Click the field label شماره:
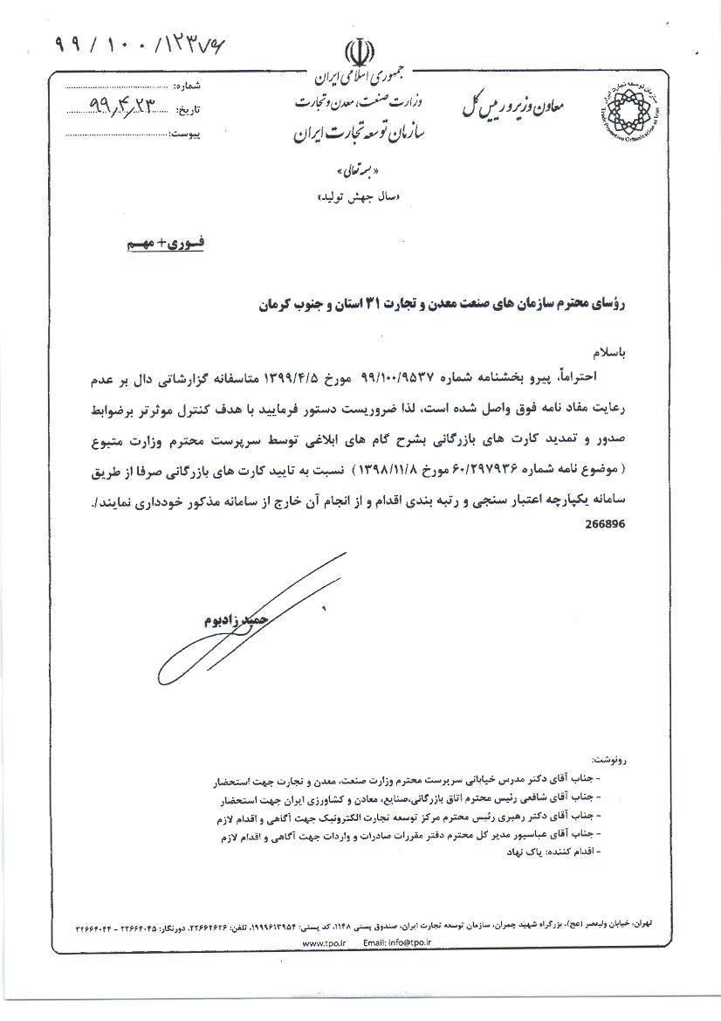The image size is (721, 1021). pos(190,86)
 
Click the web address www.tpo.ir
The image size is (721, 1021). pos(324,944)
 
